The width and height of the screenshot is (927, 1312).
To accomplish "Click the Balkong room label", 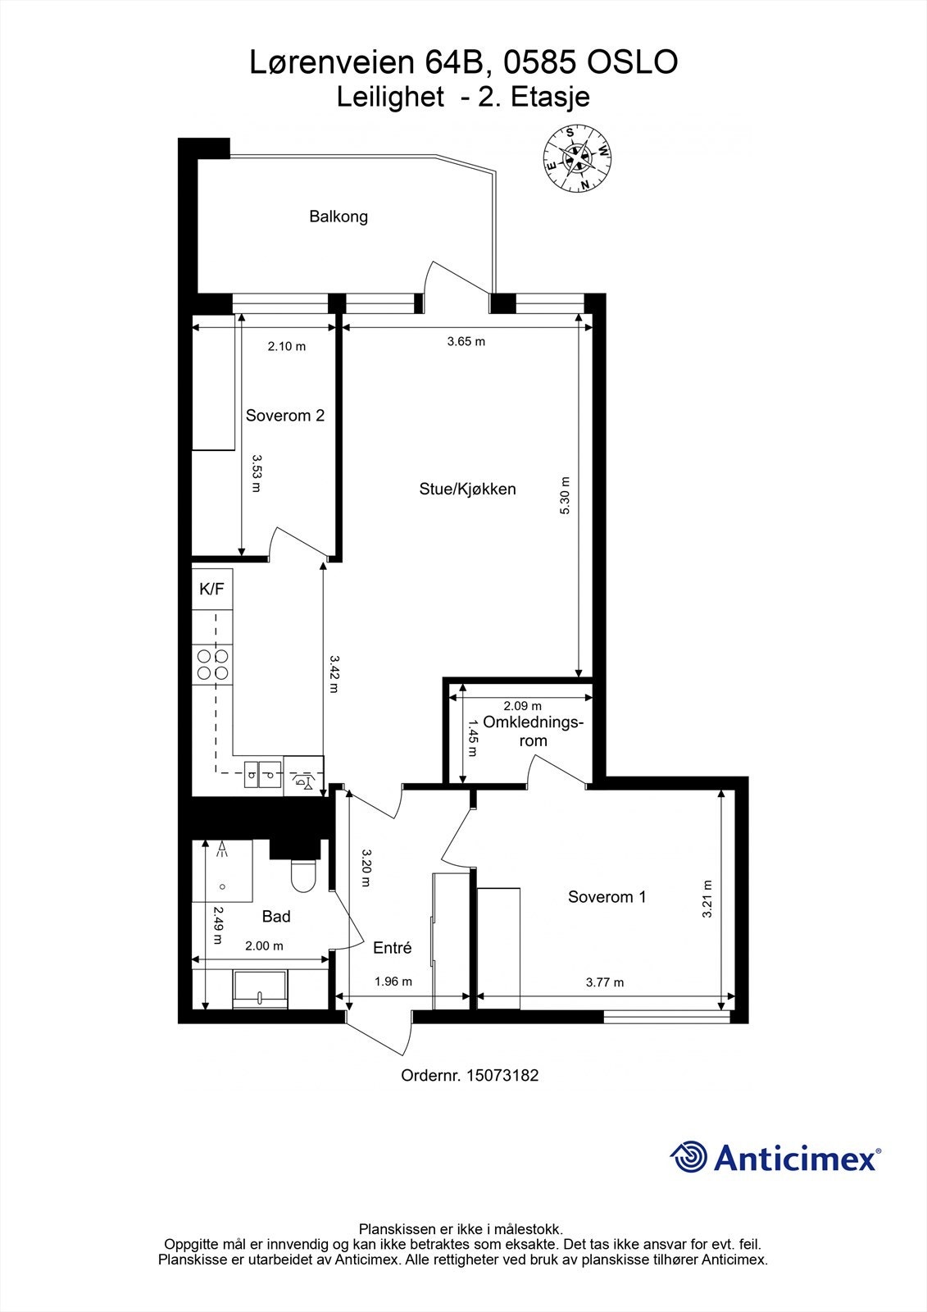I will [338, 216].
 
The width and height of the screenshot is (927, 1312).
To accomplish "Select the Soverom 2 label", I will [284, 415].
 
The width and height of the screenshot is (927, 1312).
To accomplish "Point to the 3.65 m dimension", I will [466, 341].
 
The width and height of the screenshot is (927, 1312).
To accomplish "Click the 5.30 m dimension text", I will [563, 495].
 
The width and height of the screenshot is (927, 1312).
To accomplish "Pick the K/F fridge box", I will [212, 589].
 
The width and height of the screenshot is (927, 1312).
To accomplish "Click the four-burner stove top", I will [212, 664].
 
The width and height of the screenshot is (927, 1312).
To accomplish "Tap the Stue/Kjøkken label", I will [467, 489].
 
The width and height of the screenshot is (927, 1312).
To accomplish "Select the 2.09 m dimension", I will [522, 705].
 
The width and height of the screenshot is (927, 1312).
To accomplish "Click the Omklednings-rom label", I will [534, 731].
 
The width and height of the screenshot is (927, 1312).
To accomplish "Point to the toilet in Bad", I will [302, 876].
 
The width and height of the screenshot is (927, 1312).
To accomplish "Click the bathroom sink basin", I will [260, 991].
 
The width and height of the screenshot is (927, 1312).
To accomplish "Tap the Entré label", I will [392, 947].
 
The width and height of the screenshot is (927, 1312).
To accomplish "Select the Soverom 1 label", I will [607, 896].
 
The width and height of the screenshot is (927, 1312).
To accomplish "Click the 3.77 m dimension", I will [604, 982].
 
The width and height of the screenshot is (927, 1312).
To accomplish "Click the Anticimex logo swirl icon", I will [688, 1157].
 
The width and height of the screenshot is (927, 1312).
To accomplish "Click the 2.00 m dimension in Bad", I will [264, 945].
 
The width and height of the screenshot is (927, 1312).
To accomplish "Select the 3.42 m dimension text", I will [334, 673].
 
